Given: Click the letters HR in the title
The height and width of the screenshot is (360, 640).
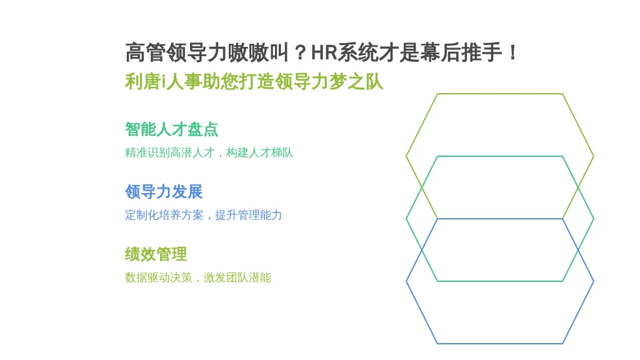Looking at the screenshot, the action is [324, 52].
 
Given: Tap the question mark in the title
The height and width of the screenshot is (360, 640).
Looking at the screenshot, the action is [300, 52].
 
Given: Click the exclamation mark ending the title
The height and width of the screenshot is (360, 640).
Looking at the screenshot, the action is [512, 52].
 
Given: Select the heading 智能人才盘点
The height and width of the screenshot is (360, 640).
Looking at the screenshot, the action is [171, 129].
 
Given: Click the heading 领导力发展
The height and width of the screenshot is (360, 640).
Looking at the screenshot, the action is [164, 192].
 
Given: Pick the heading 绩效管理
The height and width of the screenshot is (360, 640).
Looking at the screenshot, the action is [156, 254].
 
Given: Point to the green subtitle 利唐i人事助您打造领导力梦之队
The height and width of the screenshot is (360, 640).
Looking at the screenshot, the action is [254, 82].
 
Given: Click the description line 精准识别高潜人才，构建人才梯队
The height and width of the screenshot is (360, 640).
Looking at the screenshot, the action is [209, 152].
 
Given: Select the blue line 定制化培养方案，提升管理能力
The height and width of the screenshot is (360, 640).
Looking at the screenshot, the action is [203, 215].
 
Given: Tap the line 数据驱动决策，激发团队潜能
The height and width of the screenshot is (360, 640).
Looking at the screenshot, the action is [198, 277].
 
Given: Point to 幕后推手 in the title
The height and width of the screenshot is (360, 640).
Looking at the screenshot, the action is [461, 52].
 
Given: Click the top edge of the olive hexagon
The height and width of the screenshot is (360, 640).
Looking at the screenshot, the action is [500, 94].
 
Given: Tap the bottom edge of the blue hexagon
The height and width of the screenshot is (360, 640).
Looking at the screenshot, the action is [500, 344].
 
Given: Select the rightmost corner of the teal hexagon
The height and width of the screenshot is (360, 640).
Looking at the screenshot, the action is [594, 219].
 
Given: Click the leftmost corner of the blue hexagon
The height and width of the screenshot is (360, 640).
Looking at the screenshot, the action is [406, 281].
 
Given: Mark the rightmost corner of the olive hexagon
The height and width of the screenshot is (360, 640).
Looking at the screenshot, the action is [594, 156].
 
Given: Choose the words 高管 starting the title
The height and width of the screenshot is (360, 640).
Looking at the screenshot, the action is [145, 52].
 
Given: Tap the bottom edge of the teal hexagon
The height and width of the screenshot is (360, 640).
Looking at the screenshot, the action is [500, 281].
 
